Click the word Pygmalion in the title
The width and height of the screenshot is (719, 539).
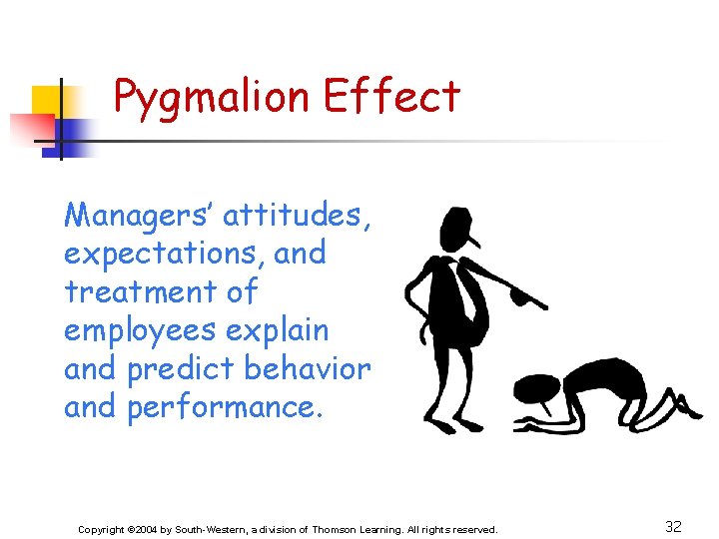(x=210, y=97)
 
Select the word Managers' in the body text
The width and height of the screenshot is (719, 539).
(x=137, y=215)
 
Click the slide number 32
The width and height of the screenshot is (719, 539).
(x=673, y=527)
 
